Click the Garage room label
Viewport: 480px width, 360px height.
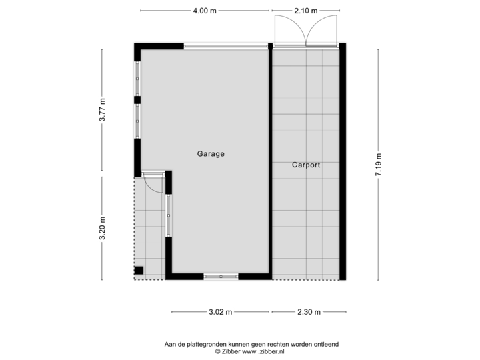click(211, 154)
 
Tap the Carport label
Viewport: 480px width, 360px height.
click(306, 165)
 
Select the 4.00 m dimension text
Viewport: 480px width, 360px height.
click(205, 11)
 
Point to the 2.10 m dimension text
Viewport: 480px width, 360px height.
click(306, 11)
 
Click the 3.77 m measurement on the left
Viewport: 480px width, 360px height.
click(102, 110)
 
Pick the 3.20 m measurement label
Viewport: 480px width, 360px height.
click(102, 228)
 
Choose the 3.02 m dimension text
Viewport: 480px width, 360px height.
click(221, 311)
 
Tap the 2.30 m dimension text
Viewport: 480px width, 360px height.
click(309, 311)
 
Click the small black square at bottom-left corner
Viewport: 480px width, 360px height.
click(139, 270)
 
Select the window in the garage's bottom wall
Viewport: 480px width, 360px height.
click(221, 276)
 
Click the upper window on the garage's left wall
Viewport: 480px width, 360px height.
click(137, 79)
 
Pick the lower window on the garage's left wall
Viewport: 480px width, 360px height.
click(137, 121)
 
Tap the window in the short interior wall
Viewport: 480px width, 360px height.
click(169, 215)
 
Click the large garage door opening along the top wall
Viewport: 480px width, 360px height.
click(225, 45)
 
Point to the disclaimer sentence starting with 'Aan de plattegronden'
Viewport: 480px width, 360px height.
click(252, 344)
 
